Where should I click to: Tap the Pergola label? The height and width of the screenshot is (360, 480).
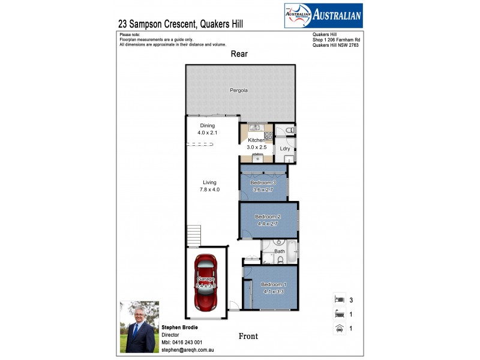(x=239, y=91)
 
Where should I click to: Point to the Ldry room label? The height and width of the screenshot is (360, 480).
(x=285, y=148)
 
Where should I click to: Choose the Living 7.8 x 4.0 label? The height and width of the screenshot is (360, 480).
(x=209, y=186)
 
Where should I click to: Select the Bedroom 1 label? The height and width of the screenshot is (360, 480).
(x=274, y=287)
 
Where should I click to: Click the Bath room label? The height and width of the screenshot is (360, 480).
(x=280, y=251)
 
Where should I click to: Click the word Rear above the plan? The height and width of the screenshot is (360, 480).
(x=239, y=54)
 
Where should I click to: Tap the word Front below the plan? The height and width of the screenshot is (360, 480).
(x=248, y=337)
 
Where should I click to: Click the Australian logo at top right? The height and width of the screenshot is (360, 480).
(x=323, y=16)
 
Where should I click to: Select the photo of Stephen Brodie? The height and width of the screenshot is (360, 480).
(x=140, y=326)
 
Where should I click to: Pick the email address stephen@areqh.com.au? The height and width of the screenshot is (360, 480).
(x=188, y=349)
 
